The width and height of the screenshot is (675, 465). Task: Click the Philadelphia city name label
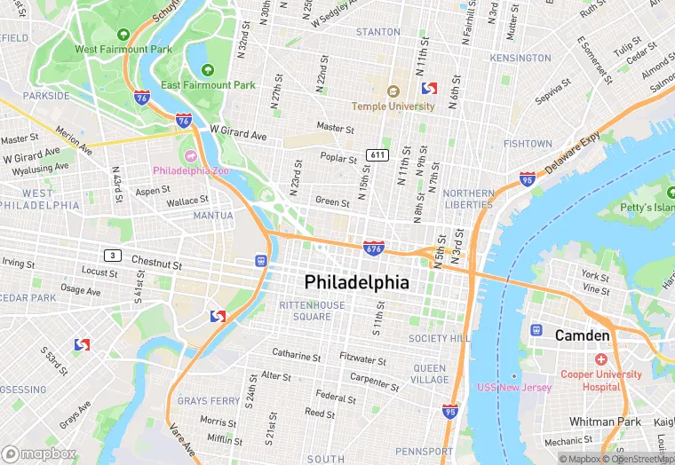pyautogui.click(x=357, y=282)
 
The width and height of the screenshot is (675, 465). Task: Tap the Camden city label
pyautogui.click(x=582, y=335)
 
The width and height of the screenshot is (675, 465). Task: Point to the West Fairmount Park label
pyautogui.click(x=123, y=50)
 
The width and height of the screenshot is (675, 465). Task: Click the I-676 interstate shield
pyautogui.click(x=373, y=248)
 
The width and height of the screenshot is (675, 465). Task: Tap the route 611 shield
pyautogui.click(x=377, y=154)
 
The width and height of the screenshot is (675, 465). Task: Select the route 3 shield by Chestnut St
pyautogui.click(x=111, y=255)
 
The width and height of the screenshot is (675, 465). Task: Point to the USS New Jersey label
pyautogui.click(x=514, y=387)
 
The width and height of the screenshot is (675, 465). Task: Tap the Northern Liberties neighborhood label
pyautogui.click(x=468, y=199)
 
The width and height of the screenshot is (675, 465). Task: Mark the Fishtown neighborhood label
pyautogui.click(x=528, y=144)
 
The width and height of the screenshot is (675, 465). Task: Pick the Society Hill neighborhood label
pyautogui.click(x=440, y=339)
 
